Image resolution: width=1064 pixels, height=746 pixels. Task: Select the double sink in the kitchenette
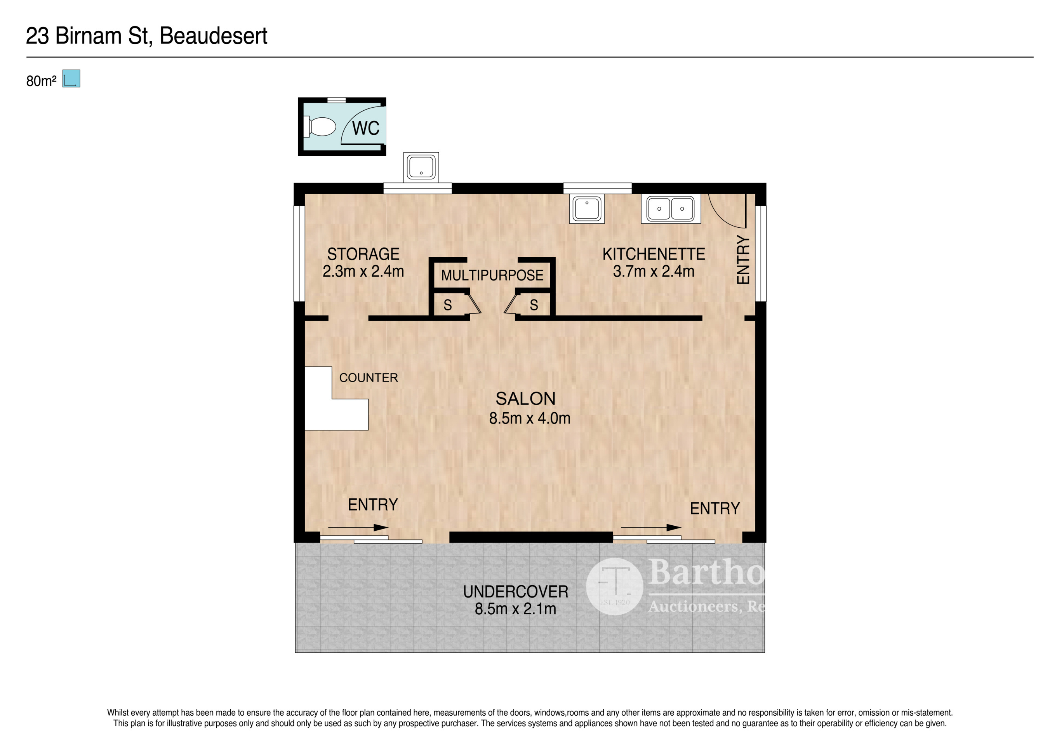click(x=670, y=209)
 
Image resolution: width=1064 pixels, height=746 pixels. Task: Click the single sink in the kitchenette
click(x=587, y=209)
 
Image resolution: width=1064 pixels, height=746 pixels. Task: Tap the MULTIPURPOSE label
click(x=492, y=275)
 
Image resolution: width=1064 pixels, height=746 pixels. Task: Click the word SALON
click(x=525, y=399)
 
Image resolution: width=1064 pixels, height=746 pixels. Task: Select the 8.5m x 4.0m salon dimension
click(x=529, y=418)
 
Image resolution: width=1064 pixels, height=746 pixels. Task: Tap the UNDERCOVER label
click(x=515, y=592)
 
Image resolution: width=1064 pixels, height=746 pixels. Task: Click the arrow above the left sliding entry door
click(x=357, y=528)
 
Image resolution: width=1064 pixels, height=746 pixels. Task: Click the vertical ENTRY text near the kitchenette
click(x=743, y=260)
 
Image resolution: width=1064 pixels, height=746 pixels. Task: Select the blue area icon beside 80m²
click(x=71, y=79)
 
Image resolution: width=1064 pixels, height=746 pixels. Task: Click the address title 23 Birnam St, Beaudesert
click(x=146, y=36)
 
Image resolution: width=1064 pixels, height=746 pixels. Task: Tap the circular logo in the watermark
click(x=614, y=587)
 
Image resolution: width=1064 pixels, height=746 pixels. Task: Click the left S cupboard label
click(x=447, y=305)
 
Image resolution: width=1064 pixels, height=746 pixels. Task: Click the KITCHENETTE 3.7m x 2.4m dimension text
click(x=654, y=271)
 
